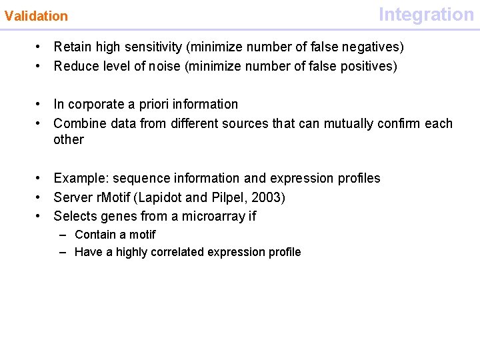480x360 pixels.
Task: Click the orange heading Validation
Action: (36, 16)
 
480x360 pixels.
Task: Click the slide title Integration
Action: (426, 14)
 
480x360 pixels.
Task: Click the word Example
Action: (81, 178)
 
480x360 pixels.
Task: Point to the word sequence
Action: (139, 178)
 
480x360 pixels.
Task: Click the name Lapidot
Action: (160, 197)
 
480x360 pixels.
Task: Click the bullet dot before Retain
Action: (40, 47)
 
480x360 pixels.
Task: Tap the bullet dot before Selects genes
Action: (40, 216)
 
